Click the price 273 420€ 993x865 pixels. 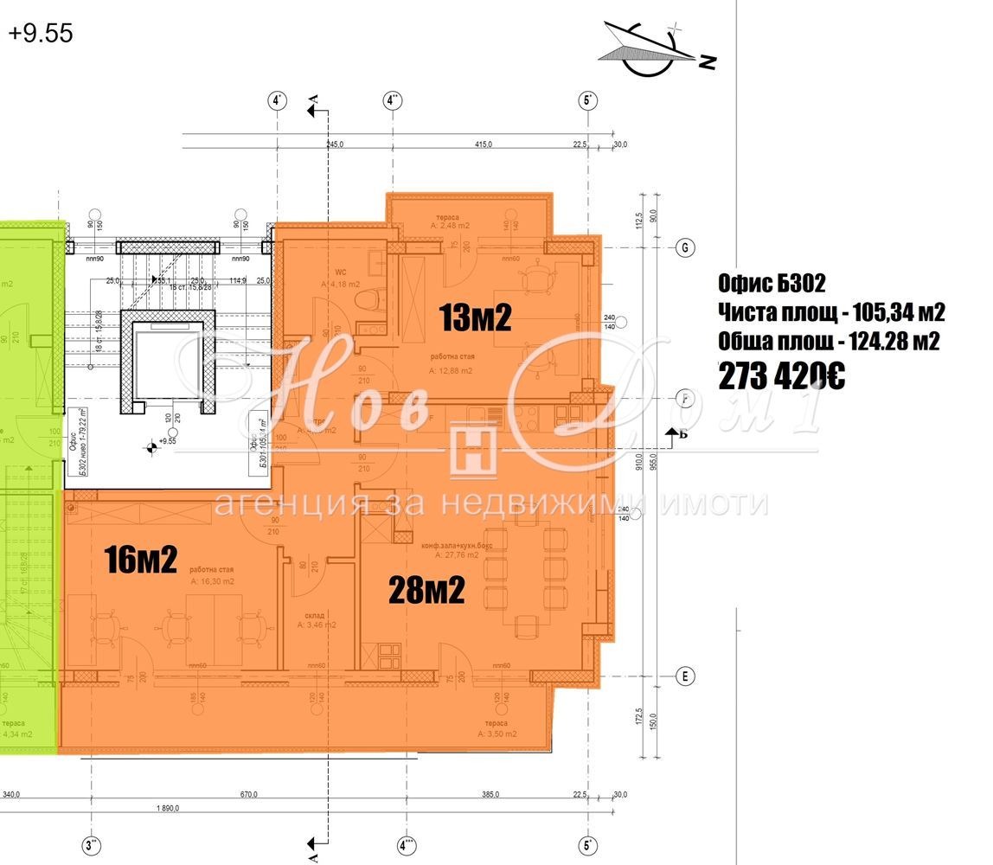pos(781,376)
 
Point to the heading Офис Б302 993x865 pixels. pos(772,283)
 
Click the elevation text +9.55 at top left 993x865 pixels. pos(41,34)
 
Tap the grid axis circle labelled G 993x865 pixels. pos(684,248)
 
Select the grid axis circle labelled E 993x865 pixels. pos(684,676)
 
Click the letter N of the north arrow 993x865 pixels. pos(708,61)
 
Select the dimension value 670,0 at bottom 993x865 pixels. pos(250,795)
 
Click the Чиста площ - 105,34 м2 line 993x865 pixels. pos(831,312)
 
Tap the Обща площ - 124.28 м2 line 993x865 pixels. pos(829,343)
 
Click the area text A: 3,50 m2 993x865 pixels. pos(497,734)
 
